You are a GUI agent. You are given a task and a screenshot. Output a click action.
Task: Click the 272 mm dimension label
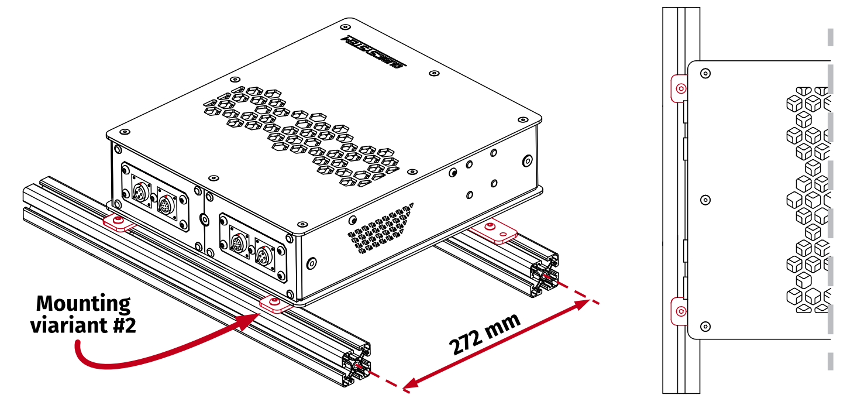485,335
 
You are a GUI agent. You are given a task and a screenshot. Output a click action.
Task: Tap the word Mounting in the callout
84,304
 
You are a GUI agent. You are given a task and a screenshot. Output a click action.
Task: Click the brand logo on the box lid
372,51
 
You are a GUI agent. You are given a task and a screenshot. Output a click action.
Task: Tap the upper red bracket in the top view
679,89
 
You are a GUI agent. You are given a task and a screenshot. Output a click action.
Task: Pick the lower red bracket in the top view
679,311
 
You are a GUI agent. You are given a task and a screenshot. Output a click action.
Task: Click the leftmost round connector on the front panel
140,191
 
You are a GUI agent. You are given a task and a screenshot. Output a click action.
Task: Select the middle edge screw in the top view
705,200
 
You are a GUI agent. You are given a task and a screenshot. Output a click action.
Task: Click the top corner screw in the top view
705,74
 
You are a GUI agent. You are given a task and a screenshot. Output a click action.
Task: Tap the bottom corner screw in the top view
705,326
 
